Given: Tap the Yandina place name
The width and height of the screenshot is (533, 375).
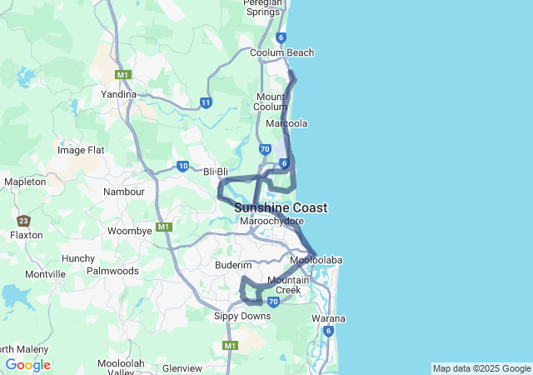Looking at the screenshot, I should [118, 94].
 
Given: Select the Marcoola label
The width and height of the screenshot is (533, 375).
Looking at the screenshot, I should [286, 123].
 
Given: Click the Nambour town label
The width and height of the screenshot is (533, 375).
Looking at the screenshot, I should [123, 192].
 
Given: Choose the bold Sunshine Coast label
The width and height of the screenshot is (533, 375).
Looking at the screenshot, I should [281, 207].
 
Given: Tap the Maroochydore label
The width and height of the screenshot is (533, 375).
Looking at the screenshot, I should [271, 221].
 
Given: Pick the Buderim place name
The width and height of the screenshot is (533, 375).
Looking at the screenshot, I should [233, 264].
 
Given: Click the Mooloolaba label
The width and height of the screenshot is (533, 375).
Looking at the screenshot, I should [316, 260].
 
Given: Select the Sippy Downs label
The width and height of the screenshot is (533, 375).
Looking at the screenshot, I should [242, 317].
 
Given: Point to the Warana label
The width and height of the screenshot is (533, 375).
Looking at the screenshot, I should [328, 319].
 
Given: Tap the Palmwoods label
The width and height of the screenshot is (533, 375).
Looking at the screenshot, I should [112, 271].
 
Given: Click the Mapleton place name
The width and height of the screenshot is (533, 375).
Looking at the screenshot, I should [25, 182].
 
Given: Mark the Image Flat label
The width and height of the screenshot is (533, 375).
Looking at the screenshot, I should [81, 150].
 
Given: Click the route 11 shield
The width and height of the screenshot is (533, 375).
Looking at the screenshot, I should [206, 102].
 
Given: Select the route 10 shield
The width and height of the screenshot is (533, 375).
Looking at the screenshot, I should [183, 166].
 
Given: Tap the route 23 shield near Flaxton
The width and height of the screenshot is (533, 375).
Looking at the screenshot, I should [23, 221].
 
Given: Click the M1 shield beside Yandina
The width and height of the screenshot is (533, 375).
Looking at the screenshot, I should [123, 75].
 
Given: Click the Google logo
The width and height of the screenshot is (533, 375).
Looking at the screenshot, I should [27, 365].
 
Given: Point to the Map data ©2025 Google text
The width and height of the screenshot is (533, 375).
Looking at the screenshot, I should [481, 368].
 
